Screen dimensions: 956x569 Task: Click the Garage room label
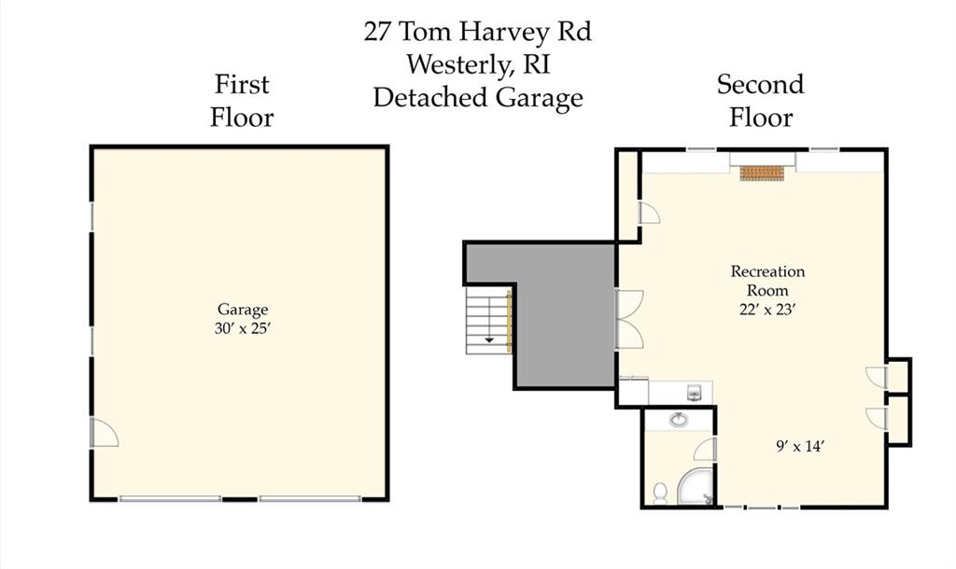(243, 310)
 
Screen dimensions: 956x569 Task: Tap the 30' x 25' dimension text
(242, 328)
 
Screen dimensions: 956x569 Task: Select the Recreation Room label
(767, 280)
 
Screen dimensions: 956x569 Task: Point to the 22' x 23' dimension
(767, 310)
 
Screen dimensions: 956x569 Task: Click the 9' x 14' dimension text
(800, 446)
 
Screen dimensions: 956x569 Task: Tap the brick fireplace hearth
(762, 173)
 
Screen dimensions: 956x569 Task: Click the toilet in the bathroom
(660, 493)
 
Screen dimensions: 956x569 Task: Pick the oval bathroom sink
(679, 420)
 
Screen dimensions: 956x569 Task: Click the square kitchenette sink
(695, 393)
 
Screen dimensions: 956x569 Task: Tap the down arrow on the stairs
(489, 340)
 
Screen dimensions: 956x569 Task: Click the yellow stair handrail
(509, 321)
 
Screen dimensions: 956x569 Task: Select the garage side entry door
(104, 432)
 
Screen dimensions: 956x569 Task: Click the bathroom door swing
(704, 449)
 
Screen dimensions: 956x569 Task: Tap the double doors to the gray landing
(629, 319)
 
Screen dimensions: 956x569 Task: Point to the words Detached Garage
(478, 98)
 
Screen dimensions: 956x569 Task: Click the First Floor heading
(242, 101)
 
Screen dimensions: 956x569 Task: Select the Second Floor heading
(760, 101)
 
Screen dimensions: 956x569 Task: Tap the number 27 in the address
(377, 32)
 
